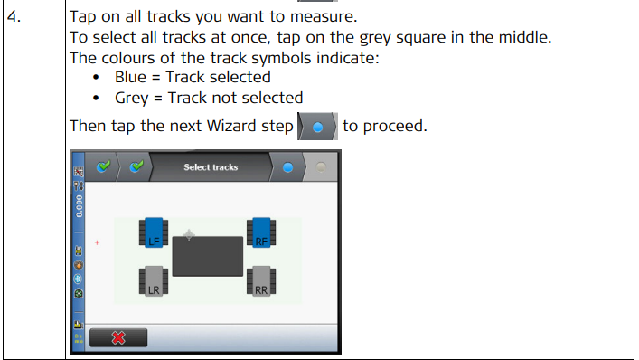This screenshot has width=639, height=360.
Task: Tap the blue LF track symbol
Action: click(x=154, y=232)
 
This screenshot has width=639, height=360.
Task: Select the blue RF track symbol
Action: click(x=261, y=232)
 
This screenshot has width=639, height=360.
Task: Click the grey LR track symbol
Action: click(x=154, y=281)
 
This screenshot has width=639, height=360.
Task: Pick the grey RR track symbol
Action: click(x=261, y=281)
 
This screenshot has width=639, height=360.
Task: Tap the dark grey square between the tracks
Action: click(x=208, y=257)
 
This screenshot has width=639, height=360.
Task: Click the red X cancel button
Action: click(x=118, y=337)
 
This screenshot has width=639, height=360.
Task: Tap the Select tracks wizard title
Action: click(x=211, y=167)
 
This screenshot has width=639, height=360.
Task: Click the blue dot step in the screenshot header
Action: click(x=287, y=167)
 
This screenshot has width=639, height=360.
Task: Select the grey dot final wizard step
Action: click(x=321, y=167)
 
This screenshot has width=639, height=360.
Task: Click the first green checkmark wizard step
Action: click(x=103, y=166)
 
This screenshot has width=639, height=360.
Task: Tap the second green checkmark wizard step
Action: click(x=136, y=166)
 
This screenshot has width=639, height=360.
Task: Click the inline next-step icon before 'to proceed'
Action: click(x=317, y=127)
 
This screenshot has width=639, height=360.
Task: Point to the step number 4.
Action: click(x=14, y=16)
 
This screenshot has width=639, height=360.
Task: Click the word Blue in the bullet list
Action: click(x=130, y=77)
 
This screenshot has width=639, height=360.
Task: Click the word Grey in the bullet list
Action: click(x=132, y=99)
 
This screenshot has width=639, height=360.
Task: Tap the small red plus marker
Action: click(x=97, y=242)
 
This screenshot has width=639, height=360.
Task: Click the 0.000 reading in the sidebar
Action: click(x=79, y=206)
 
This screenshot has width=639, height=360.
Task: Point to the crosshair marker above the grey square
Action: click(x=189, y=235)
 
